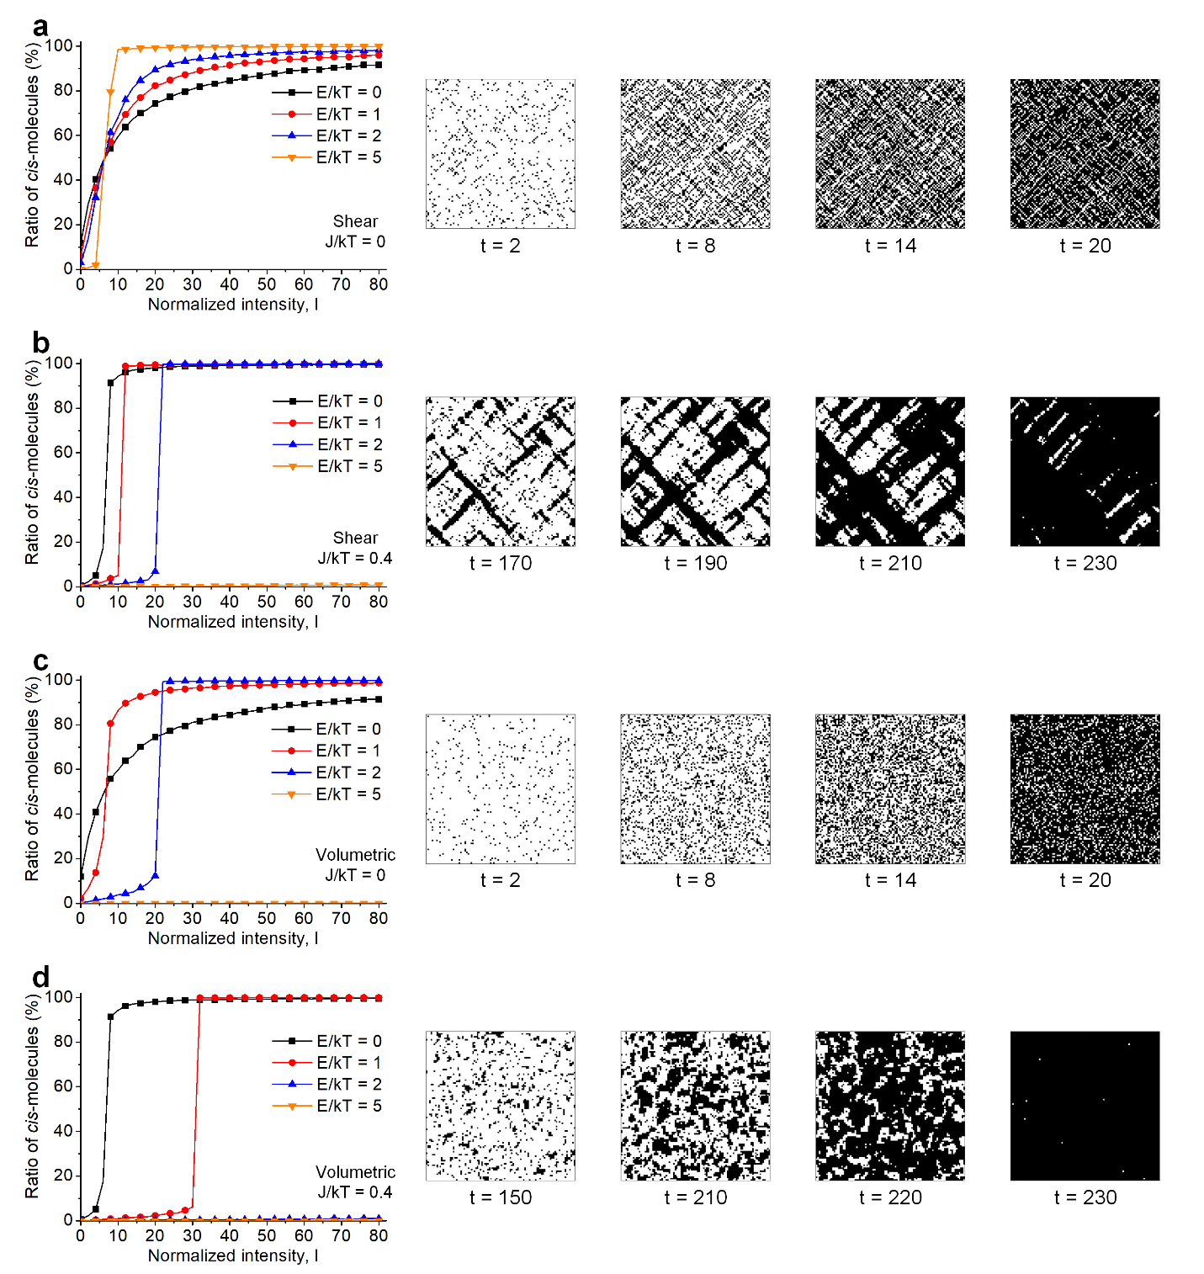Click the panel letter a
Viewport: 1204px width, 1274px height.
click(x=40, y=28)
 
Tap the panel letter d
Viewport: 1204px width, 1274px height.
click(x=40, y=978)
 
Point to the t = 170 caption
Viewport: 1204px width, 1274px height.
click(x=501, y=563)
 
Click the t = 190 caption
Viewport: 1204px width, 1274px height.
click(x=696, y=563)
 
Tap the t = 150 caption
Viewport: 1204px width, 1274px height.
click(x=501, y=1197)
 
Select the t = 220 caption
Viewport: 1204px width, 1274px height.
click(x=890, y=1197)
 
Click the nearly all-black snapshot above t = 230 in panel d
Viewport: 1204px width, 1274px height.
click(x=1085, y=1106)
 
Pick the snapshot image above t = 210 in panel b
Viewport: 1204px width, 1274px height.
click(x=890, y=471)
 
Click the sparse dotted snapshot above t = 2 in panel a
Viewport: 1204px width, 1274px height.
click(x=501, y=154)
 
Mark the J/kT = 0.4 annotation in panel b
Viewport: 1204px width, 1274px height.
click(x=355, y=558)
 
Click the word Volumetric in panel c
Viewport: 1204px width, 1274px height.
click(x=355, y=855)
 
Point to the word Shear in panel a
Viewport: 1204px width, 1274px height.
click(x=355, y=221)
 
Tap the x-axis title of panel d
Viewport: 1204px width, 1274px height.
click(x=233, y=1255)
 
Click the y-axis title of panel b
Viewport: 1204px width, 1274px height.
click(x=32, y=463)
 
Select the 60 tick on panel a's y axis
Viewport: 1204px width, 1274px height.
click(x=63, y=135)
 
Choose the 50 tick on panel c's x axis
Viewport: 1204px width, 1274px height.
click(x=267, y=918)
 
